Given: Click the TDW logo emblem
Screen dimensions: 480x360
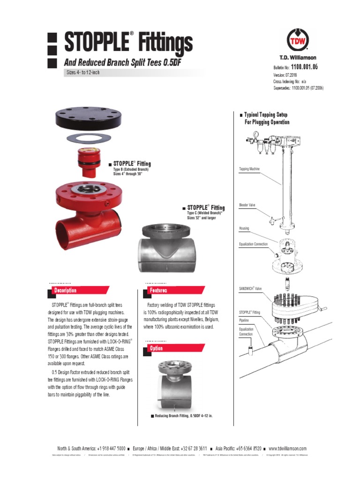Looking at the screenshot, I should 298,38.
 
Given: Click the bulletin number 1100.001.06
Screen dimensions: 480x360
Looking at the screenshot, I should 305,67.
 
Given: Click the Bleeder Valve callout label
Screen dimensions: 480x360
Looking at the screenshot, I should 247,205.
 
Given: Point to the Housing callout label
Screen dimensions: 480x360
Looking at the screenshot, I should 244,228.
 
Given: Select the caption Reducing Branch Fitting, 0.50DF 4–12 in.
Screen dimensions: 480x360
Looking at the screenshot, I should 183,416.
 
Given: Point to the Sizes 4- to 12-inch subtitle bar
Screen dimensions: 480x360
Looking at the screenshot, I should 82,73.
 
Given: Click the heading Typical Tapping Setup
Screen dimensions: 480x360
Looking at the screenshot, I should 266,115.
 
